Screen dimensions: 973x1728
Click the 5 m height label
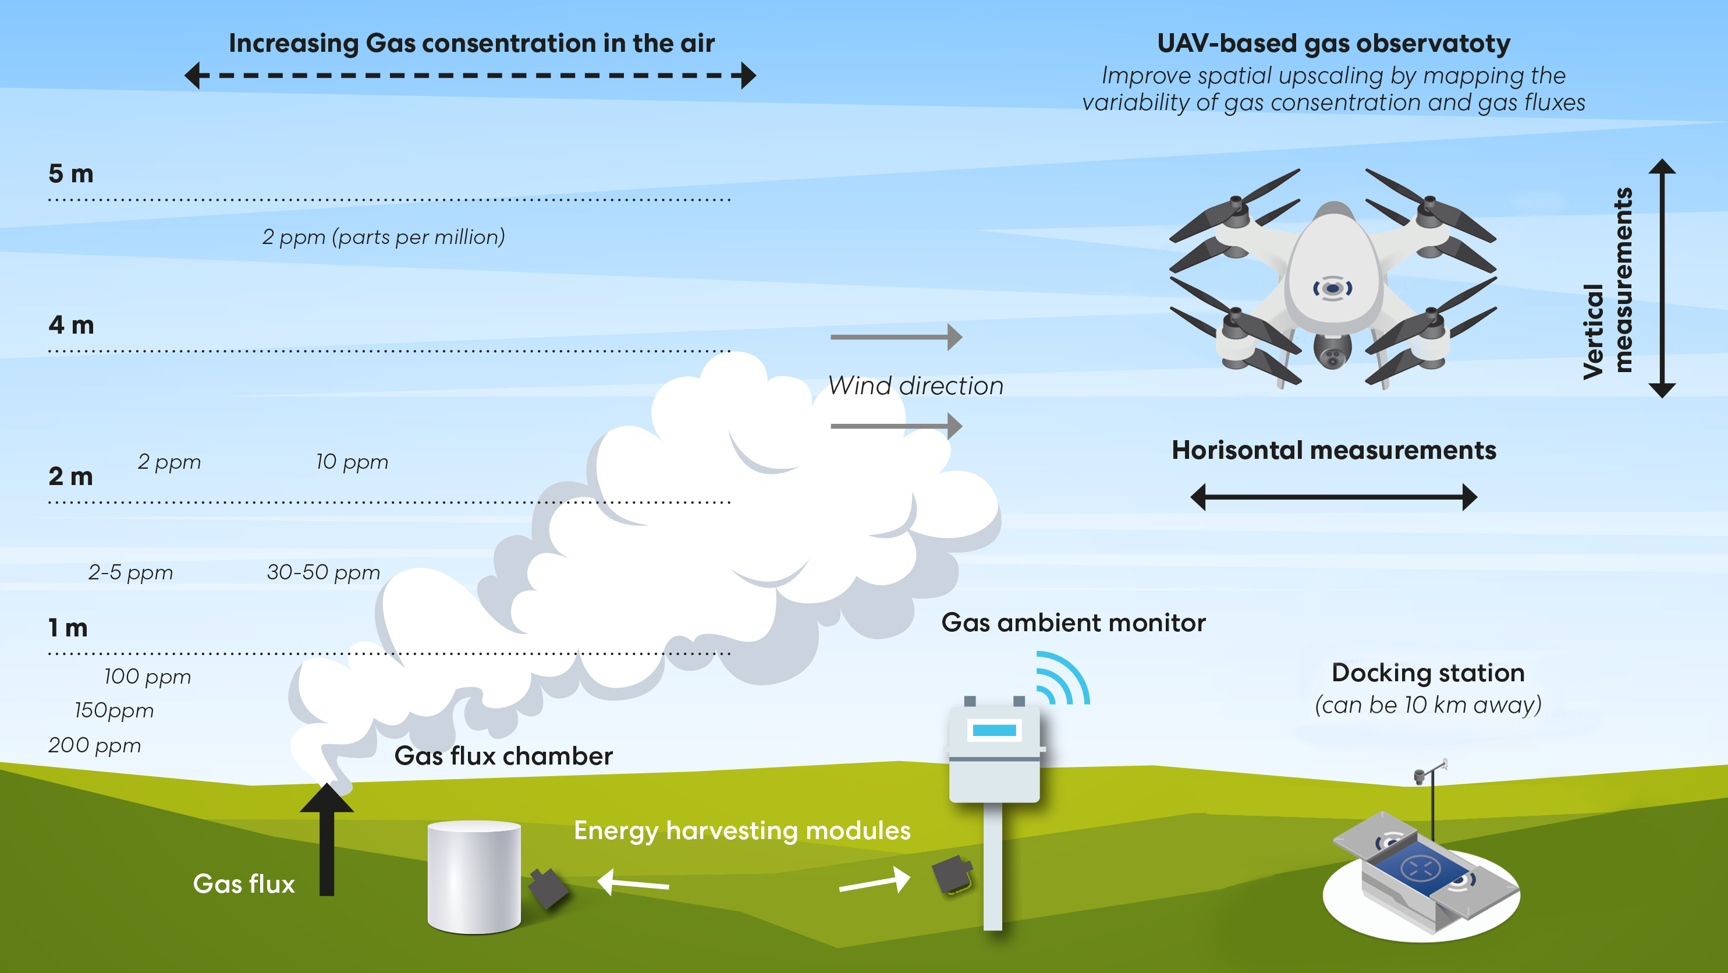[x=70, y=174]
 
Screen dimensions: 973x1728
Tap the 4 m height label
[x=70, y=325]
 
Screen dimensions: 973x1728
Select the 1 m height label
[x=68, y=628]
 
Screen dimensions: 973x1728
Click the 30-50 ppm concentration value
[x=324, y=572]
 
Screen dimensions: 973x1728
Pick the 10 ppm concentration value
[x=352, y=462]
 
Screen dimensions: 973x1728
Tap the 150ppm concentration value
[x=114, y=710]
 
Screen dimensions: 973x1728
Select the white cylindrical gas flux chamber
[x=474, y=876]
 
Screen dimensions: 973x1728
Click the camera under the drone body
[x=1332, y=353]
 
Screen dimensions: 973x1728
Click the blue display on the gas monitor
[x=994, y=731]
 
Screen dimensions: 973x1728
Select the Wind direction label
[x=916, y=386]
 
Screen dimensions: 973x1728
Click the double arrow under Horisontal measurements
[x=1333, y=497]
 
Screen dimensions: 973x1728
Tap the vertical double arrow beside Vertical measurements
[x=1662, y=278]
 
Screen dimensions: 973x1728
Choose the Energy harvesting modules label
[x=742, y=831]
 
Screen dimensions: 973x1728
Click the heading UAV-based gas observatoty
[x=1333, y=44]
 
